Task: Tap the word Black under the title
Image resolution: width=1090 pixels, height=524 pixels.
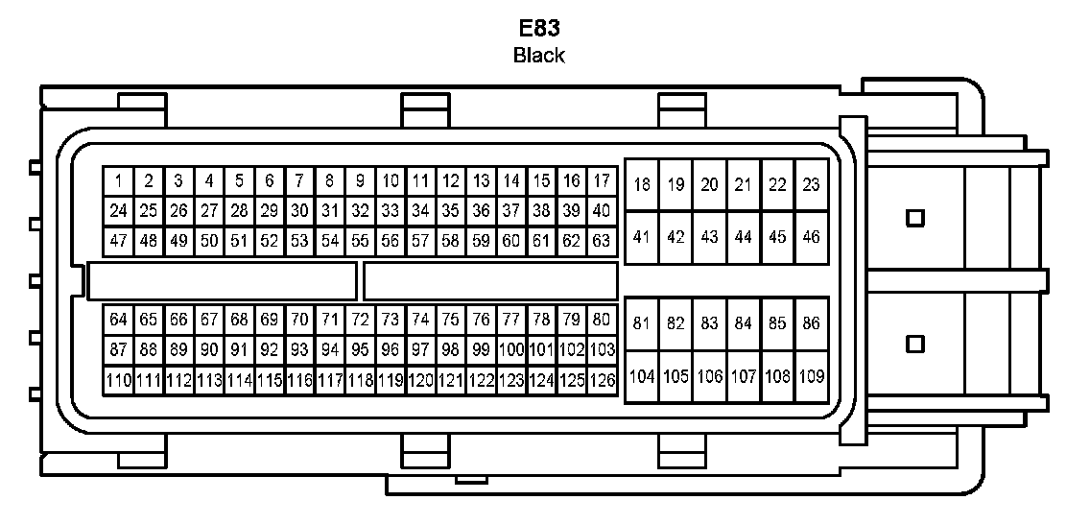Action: (538, 55)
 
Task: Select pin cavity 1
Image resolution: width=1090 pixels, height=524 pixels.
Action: (118, 180)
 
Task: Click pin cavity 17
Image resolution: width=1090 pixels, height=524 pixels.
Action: (602, 180)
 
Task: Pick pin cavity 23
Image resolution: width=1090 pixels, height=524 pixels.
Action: (812, 185)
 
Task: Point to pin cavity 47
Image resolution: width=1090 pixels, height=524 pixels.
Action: (118, 240)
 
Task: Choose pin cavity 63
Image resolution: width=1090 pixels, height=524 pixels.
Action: (602, 240)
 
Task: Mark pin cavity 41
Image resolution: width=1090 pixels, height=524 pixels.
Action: (642, 237)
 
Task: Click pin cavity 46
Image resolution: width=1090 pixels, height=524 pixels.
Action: (812, 237)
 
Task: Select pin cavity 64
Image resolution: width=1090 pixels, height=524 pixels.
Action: (118, 320)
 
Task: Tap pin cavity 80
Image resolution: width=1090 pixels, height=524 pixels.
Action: (602, 320)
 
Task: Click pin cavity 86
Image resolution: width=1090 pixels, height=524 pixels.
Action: (812, 323)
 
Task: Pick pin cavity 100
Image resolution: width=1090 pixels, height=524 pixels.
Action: (511, 349)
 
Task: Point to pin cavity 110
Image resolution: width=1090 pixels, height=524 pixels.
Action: (118, 380)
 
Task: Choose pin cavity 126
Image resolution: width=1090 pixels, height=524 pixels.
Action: (602, 380)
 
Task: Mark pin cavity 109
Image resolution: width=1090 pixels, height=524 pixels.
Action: (812, 376)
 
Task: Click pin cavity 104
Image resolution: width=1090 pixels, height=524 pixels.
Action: (642, 376)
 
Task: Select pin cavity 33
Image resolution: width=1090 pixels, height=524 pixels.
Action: (390, 210)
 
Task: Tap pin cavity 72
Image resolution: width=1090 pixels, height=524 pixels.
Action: (360, 320)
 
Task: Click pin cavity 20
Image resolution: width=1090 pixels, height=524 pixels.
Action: (709, 185)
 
